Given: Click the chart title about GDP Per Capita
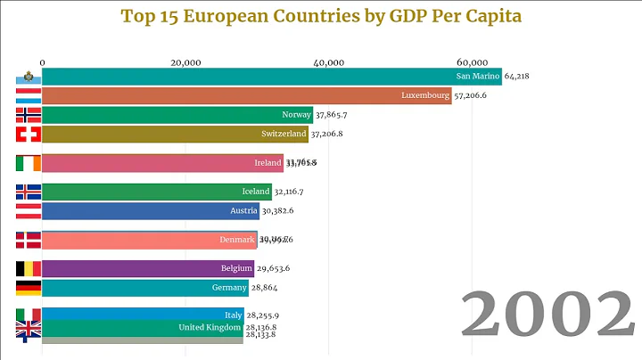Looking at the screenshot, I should click(x=321, y=16).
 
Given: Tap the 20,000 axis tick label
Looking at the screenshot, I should click(x=185, y=61).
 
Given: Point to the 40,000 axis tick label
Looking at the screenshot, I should click(x=329, y=61).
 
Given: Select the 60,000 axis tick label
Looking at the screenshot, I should click(x=473, y=61).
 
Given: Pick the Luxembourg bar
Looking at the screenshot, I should click(x=246, y=95).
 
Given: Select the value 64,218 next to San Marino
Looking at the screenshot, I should click(x=523, y=77).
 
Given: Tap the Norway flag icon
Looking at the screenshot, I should click(x=29, y=114).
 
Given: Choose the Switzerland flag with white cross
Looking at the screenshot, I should click(x=29, y=134).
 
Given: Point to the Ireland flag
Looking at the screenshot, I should click(x=29, y=163).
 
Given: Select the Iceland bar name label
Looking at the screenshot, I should click(x=255, y=192).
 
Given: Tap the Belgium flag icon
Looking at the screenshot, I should click(x=29, y=268).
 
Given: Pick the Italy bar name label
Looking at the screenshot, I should click(x=234, y=315).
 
